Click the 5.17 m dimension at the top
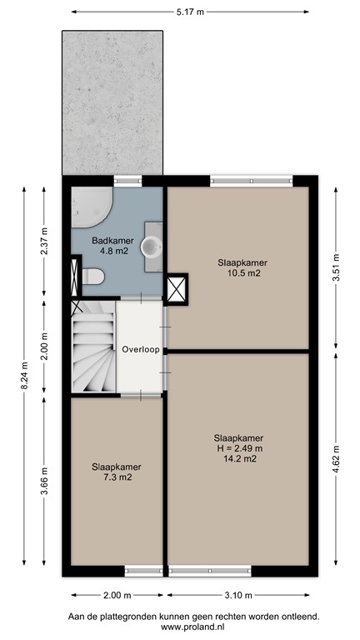(191, 12)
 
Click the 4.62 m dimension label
(336, 469)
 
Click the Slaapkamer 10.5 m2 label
(238, 267)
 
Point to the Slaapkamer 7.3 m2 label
(116, 472)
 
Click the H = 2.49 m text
(238, 447)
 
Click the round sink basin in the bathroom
(151, 247)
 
